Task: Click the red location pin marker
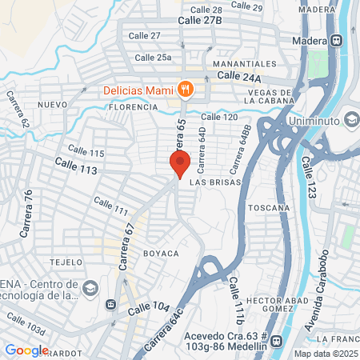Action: (180, 162)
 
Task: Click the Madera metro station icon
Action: (338, 41)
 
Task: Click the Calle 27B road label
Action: (200, 19)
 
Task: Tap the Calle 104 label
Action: (150, 306)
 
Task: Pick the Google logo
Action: (26, 350)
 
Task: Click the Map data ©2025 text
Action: (324, 354)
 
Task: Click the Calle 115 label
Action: (86, 151)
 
